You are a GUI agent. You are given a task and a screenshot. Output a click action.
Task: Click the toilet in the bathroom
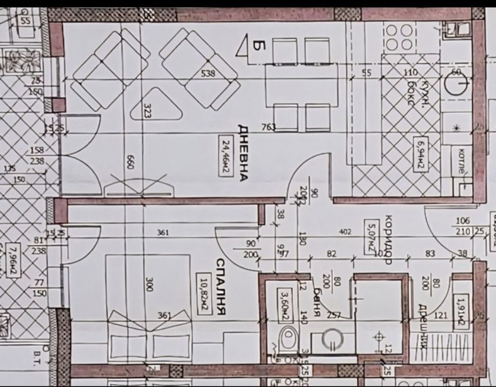[288, 338]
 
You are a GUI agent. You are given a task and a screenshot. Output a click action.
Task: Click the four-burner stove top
[399, 38]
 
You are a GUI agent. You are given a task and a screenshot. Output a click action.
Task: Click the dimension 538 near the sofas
[208, 72]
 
